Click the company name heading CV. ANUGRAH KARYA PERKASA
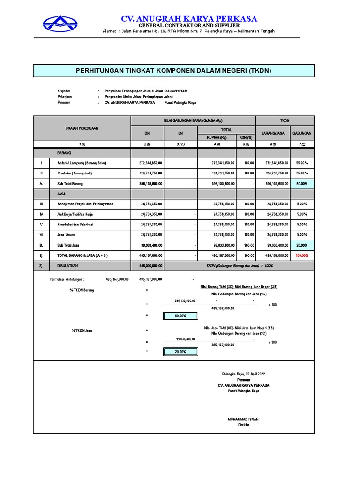[189, 19]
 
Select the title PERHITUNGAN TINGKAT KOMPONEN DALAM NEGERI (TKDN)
[173, 70]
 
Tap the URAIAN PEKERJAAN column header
[82, 128]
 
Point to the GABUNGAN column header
[302, 133]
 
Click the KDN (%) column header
[246, 137]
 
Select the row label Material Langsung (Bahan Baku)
[82, 163]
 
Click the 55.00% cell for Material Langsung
[302, 163]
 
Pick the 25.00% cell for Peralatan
[302, 173]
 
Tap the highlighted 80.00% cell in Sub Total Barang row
[302, 184]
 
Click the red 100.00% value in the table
[302, 255]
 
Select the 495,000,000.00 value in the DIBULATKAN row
[150, 266]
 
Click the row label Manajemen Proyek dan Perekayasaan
[85, 204]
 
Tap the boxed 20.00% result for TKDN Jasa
[180, 352]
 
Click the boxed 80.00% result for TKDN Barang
[180, 316]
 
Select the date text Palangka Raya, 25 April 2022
[243, 374]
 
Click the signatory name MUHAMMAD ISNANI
[243, 419]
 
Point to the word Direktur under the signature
[243, 424]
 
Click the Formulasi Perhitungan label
[67, 279]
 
